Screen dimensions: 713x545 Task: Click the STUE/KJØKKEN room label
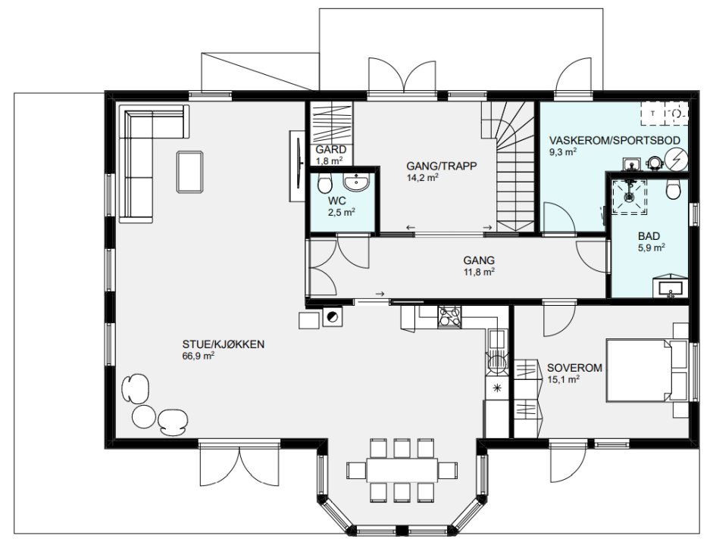coord(224,344)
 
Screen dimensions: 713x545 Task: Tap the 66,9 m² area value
coord(199,356)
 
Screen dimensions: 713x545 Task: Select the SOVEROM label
coord(574,368)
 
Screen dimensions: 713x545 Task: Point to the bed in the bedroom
coord(639,370)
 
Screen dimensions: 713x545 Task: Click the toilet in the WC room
coord(324,183)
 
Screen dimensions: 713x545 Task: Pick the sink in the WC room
coord(356,182)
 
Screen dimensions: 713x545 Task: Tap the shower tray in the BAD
coord(630,197)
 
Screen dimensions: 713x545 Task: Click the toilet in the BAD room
coord(673,188)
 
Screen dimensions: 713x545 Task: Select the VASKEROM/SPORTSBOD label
coord(614,140)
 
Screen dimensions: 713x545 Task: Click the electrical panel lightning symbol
coord(676,159)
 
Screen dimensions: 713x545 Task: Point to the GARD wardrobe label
coord(330,149)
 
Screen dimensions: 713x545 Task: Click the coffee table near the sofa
coord(189,172)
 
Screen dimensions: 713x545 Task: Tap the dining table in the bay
coord(402,470)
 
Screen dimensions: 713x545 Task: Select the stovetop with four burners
coord(449,316)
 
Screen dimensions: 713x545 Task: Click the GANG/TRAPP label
coord(442,167)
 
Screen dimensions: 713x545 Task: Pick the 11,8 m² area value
coord(479,272)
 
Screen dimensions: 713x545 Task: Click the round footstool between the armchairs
coord(144,416)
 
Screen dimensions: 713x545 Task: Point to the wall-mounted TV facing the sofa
coord(297,166)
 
